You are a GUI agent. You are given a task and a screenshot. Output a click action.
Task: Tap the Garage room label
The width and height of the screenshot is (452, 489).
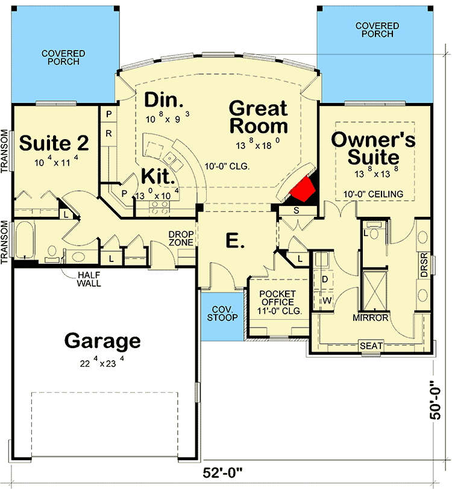(102, 341)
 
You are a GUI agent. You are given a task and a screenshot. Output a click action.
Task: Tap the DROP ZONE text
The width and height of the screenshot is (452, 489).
(180, 238)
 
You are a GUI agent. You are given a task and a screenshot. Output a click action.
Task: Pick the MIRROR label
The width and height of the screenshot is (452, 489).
(371, 317)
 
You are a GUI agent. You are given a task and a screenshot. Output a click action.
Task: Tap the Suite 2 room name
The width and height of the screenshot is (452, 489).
(55, 143)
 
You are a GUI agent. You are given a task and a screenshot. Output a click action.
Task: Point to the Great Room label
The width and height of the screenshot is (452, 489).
(258, 117)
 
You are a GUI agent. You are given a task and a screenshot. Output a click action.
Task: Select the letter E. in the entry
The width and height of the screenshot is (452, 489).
(235, 241)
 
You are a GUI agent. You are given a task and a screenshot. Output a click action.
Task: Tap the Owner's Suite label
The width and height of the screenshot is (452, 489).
(374, 148)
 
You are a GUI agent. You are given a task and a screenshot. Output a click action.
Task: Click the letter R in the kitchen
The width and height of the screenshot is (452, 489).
(108, 132)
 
